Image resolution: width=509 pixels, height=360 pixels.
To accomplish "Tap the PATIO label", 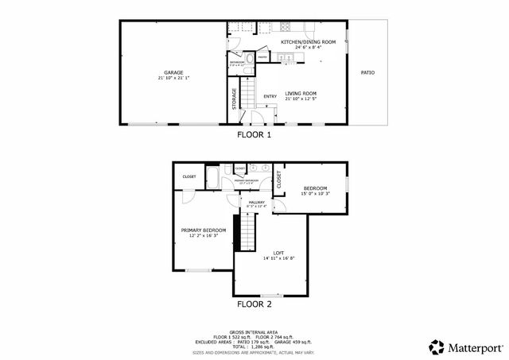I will pyautogui.click(x=367, y=72).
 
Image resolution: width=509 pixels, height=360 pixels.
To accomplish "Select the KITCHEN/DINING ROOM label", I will pyautogui.click(x=309, y=41).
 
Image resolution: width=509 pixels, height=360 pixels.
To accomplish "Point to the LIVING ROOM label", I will pyautogui.click(x=301, y=93).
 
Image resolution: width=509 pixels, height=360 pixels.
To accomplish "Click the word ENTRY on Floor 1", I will pyautogui.click(x=270, y=97).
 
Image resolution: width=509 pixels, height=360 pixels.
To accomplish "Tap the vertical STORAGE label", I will pyautogui.click(x=234, y=98).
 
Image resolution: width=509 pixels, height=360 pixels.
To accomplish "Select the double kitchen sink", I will pyautogui.click(x=287, y=56).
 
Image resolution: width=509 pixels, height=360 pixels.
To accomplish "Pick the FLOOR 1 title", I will pyautogui.click(x=254, y=135).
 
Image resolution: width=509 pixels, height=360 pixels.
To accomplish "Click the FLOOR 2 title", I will pyautogui.click(x=254, y=304).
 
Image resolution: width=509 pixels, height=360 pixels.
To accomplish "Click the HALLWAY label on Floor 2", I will pyautogui.click(x=256, y=203).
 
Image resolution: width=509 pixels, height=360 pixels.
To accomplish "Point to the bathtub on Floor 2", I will pyautogui.click(x=212, y=176).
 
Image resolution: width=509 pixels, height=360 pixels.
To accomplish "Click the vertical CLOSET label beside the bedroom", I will pyautogui.click(x=278, y=180).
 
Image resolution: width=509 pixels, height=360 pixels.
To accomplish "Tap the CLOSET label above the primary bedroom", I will pyautogui.click(x=189, y=176).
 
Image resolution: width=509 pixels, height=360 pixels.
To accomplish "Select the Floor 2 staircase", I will pyautogui.click(x=247, y=232).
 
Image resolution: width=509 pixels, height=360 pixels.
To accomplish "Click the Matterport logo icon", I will pyautogui.click(x=437, y=346).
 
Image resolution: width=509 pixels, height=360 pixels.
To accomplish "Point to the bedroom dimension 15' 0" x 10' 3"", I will pyautogui.click(x=315, y=193).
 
